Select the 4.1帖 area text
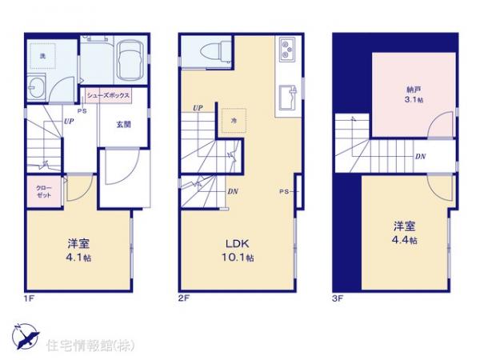(77, 258)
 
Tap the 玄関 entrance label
(123, 124)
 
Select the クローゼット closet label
(42, 191)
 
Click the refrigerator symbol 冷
(234, 119)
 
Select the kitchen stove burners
(286, 54)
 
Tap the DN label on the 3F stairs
(420, 157)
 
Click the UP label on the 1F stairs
(69, 122)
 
